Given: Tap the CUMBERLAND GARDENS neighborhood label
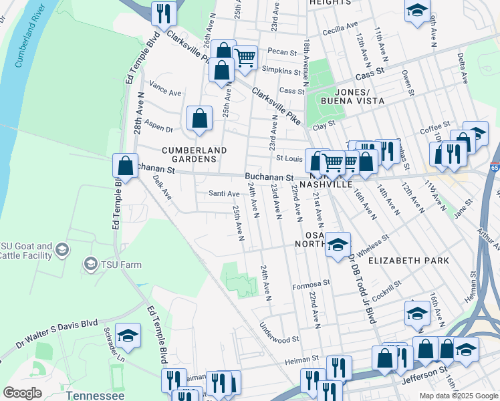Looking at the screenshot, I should click(x=195, y=154).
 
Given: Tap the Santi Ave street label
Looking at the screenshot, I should click(x=224, y=194).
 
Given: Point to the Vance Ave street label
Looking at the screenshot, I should click(x=166, y=89).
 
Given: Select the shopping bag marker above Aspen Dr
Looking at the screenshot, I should click(x=199, y=119).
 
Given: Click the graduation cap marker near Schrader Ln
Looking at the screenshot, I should click(x=128, y=337).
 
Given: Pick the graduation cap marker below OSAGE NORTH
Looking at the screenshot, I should click(x=338, y=245).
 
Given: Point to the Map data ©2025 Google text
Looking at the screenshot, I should click(x=458, y=396).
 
